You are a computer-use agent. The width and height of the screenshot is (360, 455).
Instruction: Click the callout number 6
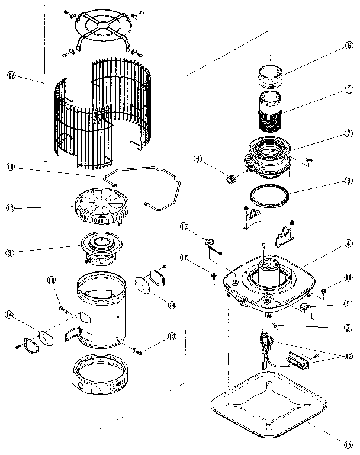tap(349, 46)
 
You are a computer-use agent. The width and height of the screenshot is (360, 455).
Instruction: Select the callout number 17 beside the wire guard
tap(11, 75)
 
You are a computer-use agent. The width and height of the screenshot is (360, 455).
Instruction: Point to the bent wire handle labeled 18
tap(142, 184)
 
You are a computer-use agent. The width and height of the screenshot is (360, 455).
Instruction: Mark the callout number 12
tap(349, 356)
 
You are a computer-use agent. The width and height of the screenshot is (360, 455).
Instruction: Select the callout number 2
tap(349, 326)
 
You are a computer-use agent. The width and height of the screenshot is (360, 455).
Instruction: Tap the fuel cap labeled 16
tap(211, 242)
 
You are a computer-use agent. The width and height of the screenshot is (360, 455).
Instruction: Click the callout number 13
tap(11, 208)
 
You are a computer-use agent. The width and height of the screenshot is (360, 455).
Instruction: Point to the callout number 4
tap(349, 243)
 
